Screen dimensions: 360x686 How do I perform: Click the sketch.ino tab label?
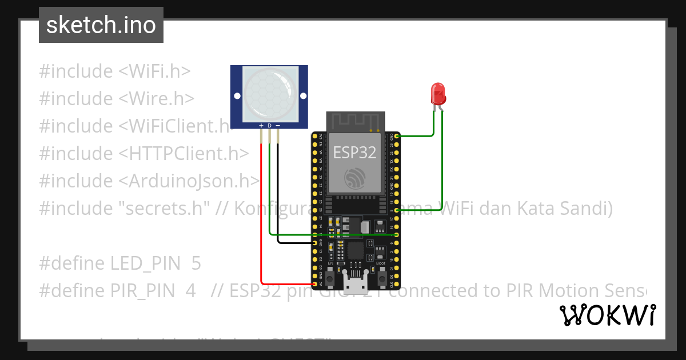click(101, 25)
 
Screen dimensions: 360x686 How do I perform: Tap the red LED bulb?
click(438, 93)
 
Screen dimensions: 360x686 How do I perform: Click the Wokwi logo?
click(607, 315)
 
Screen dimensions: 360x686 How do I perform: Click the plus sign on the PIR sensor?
click(261, 125)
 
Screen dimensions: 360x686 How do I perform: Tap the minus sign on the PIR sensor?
click(278, 125)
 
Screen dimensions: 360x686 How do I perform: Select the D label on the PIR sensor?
click(269, 125)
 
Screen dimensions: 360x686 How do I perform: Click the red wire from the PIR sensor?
click(261, 217)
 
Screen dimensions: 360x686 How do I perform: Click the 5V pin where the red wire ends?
click(314, 283)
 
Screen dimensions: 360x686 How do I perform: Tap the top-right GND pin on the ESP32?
click(396, 136)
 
